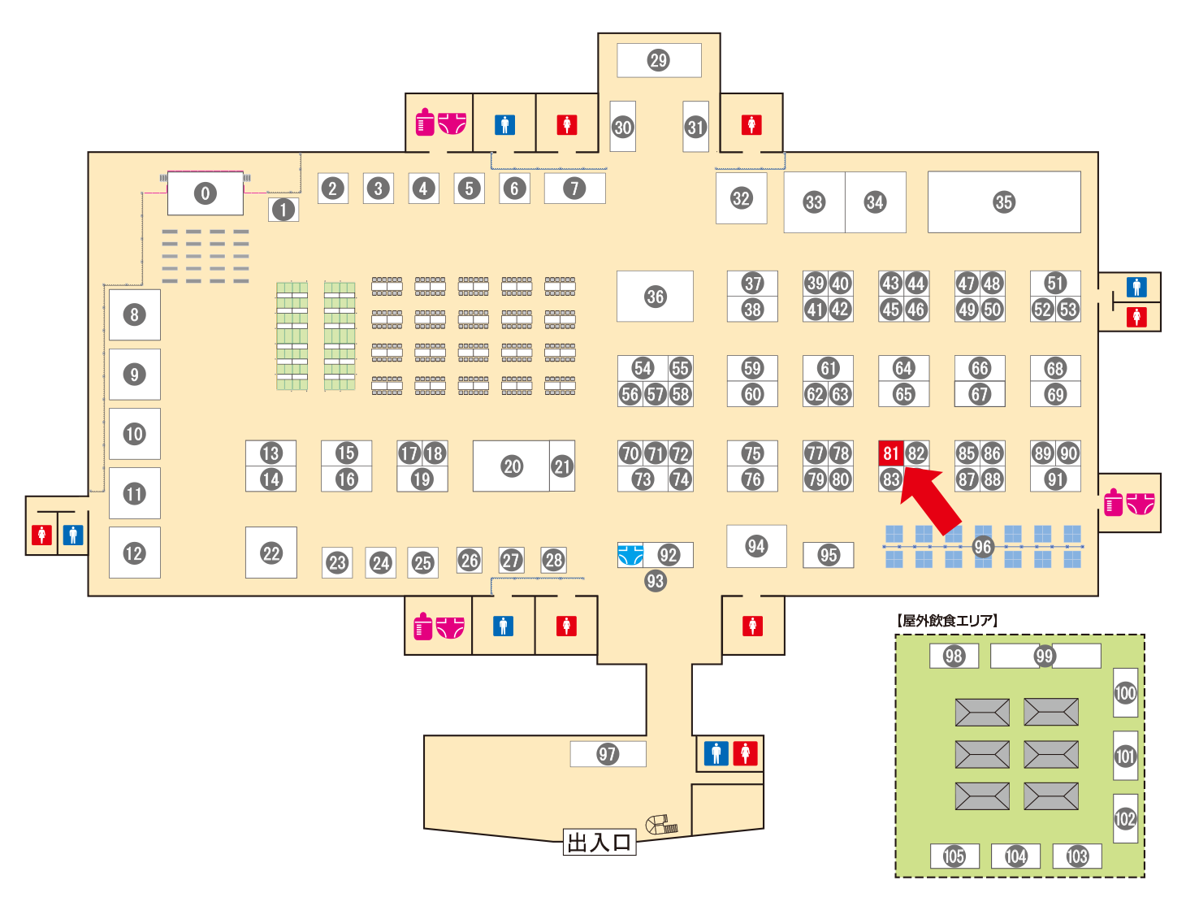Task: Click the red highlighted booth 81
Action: point(891,453)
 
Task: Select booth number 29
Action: point(659,60)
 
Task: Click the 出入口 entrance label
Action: point(599,842)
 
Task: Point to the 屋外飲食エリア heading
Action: point(946,620)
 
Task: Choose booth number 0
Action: point(206,193)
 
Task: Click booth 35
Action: point(1004,202)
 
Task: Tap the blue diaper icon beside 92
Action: point(630,555)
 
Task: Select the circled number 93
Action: point(656,581)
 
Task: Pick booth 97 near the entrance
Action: point(608,754)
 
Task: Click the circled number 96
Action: point(982,547)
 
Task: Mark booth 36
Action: point(655,296)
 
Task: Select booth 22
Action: point(271,553)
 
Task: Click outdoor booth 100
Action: point(1126,692)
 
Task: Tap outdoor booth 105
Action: point(954,856)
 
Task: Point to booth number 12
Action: point(135,553)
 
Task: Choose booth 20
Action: point(511,466)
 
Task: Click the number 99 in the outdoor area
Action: point(1045,656)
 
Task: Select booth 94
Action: point(756,546)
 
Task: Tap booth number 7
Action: point(575,188)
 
